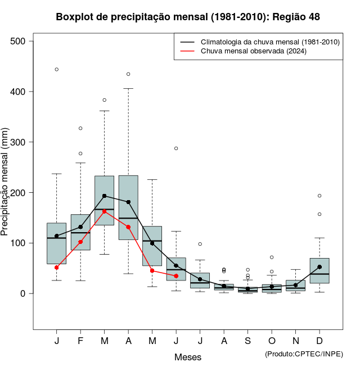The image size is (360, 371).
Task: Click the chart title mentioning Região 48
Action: (188, 17)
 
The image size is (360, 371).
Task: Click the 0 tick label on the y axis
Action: (23, 293)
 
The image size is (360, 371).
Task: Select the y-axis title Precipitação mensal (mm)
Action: (5, 181)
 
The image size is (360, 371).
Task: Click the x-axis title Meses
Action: (188, 357)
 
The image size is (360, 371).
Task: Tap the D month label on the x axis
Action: (319, 341)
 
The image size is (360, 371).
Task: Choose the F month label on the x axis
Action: (80, 341)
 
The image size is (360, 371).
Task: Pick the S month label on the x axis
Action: (247, 341)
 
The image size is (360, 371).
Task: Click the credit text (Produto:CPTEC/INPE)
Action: (304, 354)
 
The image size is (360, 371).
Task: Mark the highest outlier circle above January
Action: (56, 70)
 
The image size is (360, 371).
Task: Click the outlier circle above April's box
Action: (128, 74)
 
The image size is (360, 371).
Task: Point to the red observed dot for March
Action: (104, 211)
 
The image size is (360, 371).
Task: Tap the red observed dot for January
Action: (56, 268)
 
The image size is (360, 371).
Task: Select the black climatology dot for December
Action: (319, 267)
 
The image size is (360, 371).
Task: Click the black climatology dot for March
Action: (104, 196)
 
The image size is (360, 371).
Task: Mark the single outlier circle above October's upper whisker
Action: (272, 257)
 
